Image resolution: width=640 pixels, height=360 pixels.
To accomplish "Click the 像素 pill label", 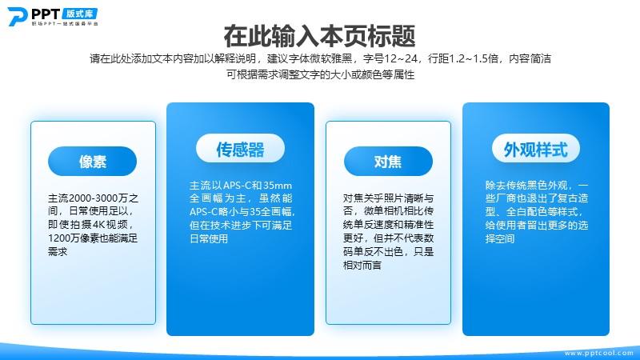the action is [x=92, y=162].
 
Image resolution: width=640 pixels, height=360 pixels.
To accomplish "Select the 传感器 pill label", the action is [x=241, y=149].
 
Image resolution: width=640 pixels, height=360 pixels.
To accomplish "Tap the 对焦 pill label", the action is [x=388, y=162].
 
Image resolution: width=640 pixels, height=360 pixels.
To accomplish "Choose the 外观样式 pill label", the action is [x=536, y=149].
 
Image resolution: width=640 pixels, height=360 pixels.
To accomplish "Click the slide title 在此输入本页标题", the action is [x=319, y=36].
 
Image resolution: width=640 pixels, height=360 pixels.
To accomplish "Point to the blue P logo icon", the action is [x=18, y=16].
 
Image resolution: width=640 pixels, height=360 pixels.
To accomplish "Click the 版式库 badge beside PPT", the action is [x=80, y=14].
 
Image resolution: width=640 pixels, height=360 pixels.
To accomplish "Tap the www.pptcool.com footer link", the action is [x=598, y=353].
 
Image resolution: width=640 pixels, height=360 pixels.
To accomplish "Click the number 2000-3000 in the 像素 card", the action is [x=93, y=198].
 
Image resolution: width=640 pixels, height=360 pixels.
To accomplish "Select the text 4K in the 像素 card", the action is [x=98, y=225].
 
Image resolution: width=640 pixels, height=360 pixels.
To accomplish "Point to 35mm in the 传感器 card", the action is [x=277, y=186].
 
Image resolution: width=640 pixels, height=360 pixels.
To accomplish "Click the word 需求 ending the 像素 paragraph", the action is [x=58, y=251].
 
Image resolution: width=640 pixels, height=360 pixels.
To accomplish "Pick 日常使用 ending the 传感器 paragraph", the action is [x=209, y=238].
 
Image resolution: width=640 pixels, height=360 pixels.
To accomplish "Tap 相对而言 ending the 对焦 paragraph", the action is [x=362, y=266].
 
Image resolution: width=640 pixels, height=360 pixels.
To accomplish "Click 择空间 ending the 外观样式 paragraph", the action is [x=500, y=238].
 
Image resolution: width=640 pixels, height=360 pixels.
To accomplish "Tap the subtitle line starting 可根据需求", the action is [x=321, y=74].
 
